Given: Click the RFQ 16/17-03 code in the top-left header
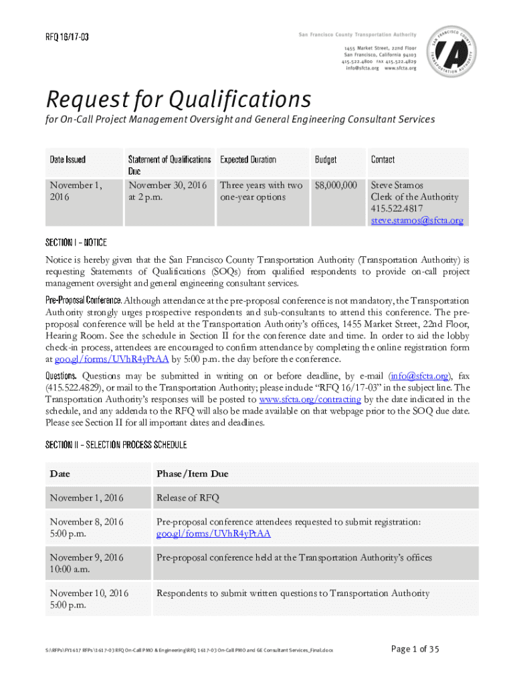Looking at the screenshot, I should point(67,37).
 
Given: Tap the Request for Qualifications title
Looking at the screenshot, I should point(178,100).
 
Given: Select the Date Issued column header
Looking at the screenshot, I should point(68,160).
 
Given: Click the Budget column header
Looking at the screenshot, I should point(326,160).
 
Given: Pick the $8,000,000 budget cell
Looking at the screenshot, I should point(336,185).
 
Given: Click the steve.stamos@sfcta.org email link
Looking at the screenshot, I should point(417,221).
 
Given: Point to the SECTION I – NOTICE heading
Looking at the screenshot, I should point(76,241).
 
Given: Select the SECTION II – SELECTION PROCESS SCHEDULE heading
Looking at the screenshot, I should point(116,445).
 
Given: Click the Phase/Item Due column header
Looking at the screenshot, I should point(192,474).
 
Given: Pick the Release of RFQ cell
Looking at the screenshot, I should point(187,498).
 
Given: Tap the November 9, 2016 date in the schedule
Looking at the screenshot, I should point(87,557).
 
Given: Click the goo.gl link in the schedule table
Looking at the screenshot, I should point(213,533).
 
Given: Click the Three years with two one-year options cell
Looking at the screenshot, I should point(261,191).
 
